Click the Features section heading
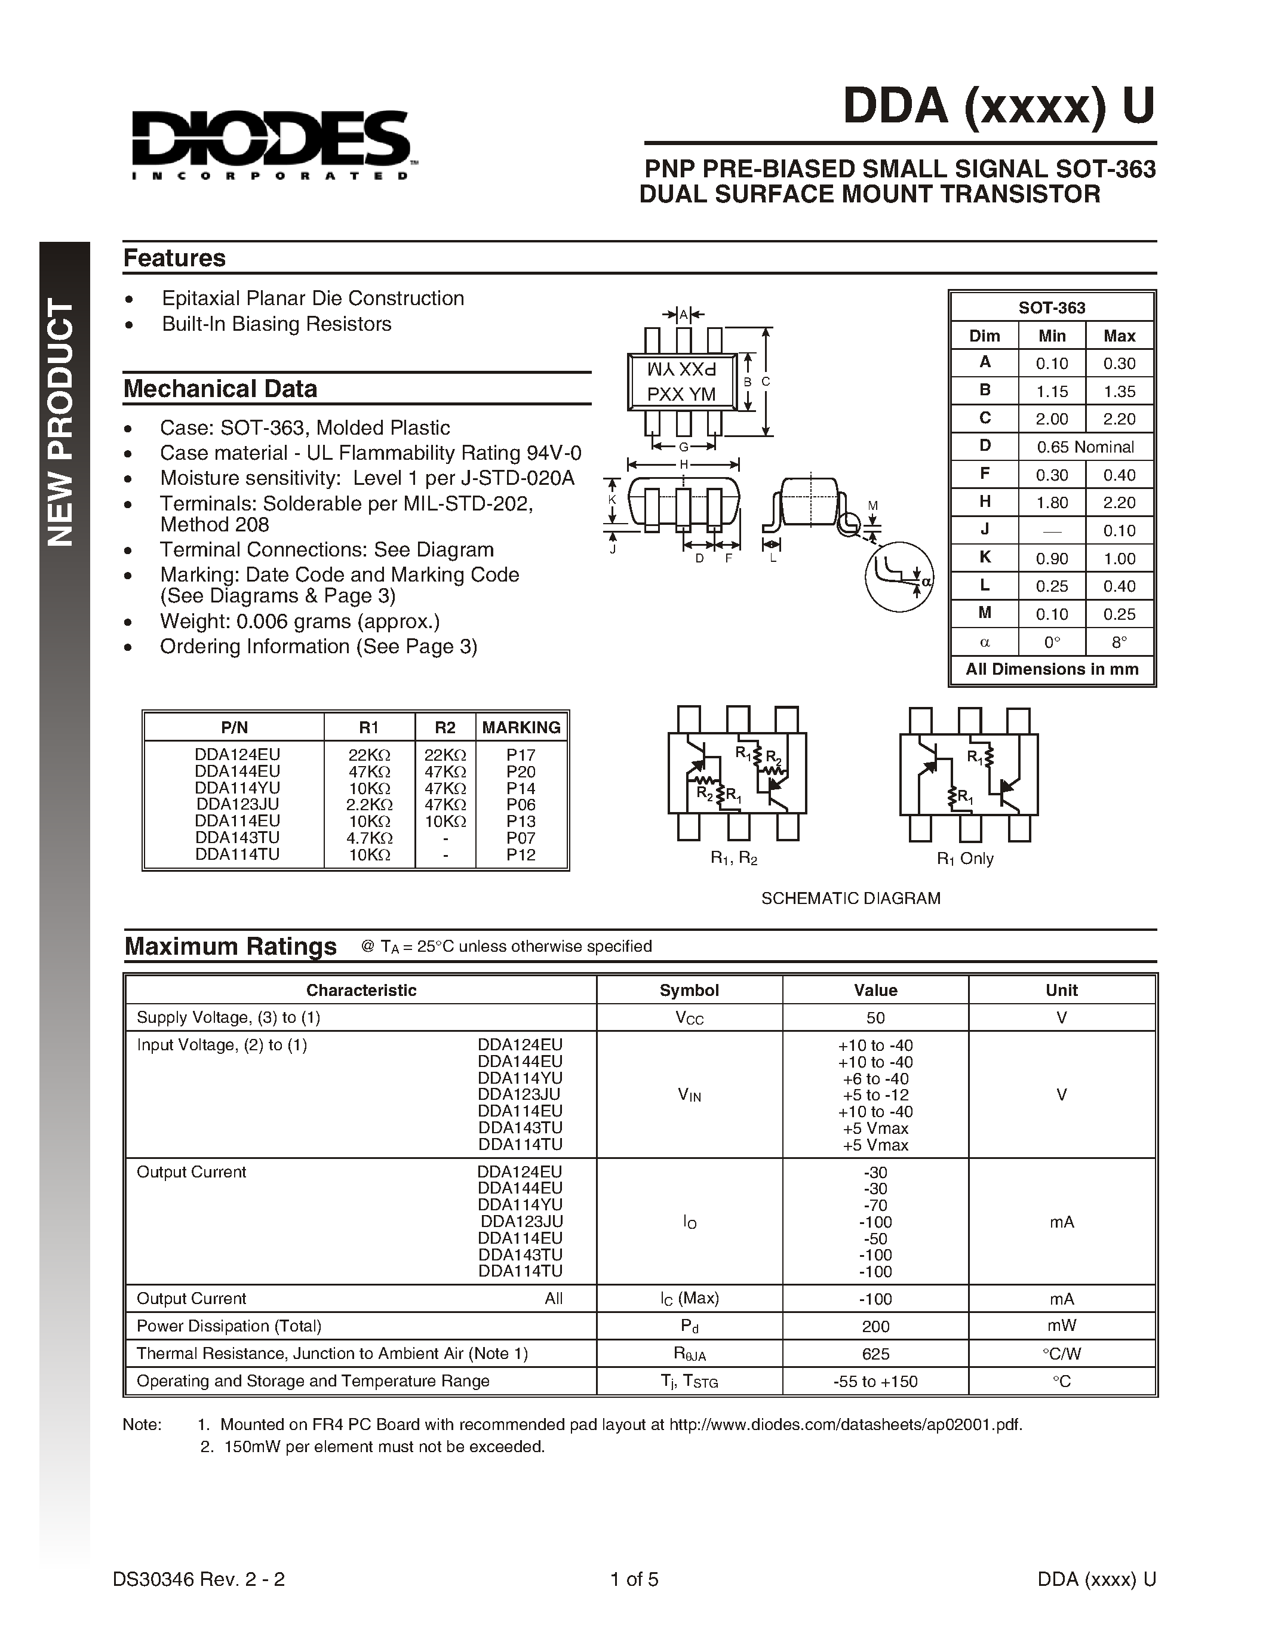coord(174,258)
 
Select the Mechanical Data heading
coord(220,389)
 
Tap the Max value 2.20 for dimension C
coord(1119,419)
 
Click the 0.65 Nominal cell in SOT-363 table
coord(1085,447)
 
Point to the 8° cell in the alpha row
coord(1119,642)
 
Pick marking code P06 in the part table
coord(520,804)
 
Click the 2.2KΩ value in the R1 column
coord(368,804)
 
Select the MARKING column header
coord(521,727)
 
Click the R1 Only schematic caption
coord(964,859)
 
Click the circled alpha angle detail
coord(899,577)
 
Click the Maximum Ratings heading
coord(230,946)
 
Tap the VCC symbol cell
coord(689,1018)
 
